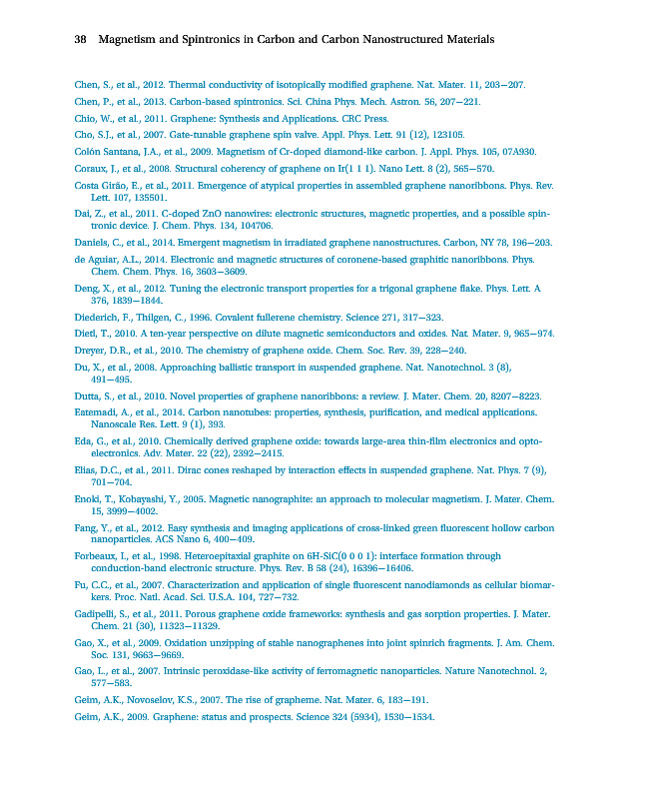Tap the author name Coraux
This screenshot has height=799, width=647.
[91, 168]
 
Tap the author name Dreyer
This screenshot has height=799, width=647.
[92, 351]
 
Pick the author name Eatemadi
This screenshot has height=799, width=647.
[99, 412]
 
